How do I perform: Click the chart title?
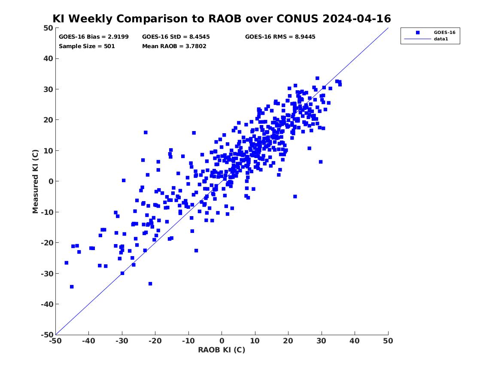click(x=222, y=18)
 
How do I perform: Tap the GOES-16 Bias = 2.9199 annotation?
click(x=94, y=37)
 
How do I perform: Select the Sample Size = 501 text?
click(x=87, y=46)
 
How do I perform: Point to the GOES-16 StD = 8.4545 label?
click(x=176, y=37)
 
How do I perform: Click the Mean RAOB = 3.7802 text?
click(x=174, y=46)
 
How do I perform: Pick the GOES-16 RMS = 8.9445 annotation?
click(x=280, y=37)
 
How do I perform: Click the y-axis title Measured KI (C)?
click(x=35, y=181)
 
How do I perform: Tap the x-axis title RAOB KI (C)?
click(x=222, y=350)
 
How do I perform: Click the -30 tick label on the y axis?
click(x=47, y=273)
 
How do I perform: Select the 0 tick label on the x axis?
click(x=222, y=341)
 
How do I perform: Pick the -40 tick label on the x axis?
click(x=88, y=341)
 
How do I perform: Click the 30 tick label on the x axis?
click(x=322, y=341)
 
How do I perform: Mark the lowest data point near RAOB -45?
click(x=72, y=287)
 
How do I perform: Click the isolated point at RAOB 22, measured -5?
click(x=295, y=196)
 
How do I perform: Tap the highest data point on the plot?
click(x=317, y=78)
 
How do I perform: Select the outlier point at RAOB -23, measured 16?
click(x=146, y=132)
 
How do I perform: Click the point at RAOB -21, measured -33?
click(x=150, y=284)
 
